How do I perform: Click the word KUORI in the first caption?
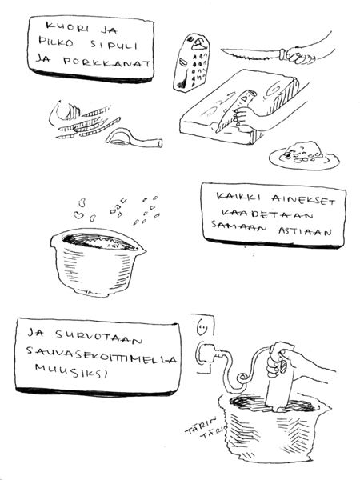tap(67, 27)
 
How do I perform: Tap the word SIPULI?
tap(114, 45)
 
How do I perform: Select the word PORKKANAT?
tap(107, 62)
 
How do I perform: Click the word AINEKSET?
tap(304, 199)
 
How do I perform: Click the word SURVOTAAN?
tap(98, 337)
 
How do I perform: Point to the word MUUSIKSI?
tap(72, 370)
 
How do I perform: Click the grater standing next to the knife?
tap(192, 62)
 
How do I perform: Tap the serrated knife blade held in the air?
tap(251, 54)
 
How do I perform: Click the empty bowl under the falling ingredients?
tap(97, 262)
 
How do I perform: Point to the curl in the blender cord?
tap(242, 378)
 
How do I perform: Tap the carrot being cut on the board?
tap(235, 111)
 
